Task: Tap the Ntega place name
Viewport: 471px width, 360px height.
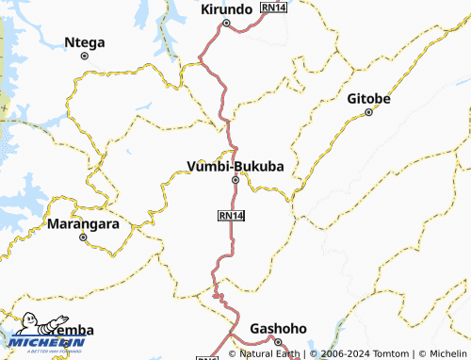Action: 85,41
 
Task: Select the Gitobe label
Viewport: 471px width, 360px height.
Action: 368,98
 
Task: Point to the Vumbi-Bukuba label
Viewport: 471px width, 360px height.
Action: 235,167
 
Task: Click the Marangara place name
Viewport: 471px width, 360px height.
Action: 83,224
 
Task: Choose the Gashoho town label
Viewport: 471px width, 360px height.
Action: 278,328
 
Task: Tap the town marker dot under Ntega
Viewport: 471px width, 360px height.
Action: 85,56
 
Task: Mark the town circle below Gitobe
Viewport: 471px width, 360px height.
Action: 369,112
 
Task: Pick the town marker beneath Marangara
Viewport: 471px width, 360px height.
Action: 83,237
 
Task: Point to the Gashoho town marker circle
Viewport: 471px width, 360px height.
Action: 278,342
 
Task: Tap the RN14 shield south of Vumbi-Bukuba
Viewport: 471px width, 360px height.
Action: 231,216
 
